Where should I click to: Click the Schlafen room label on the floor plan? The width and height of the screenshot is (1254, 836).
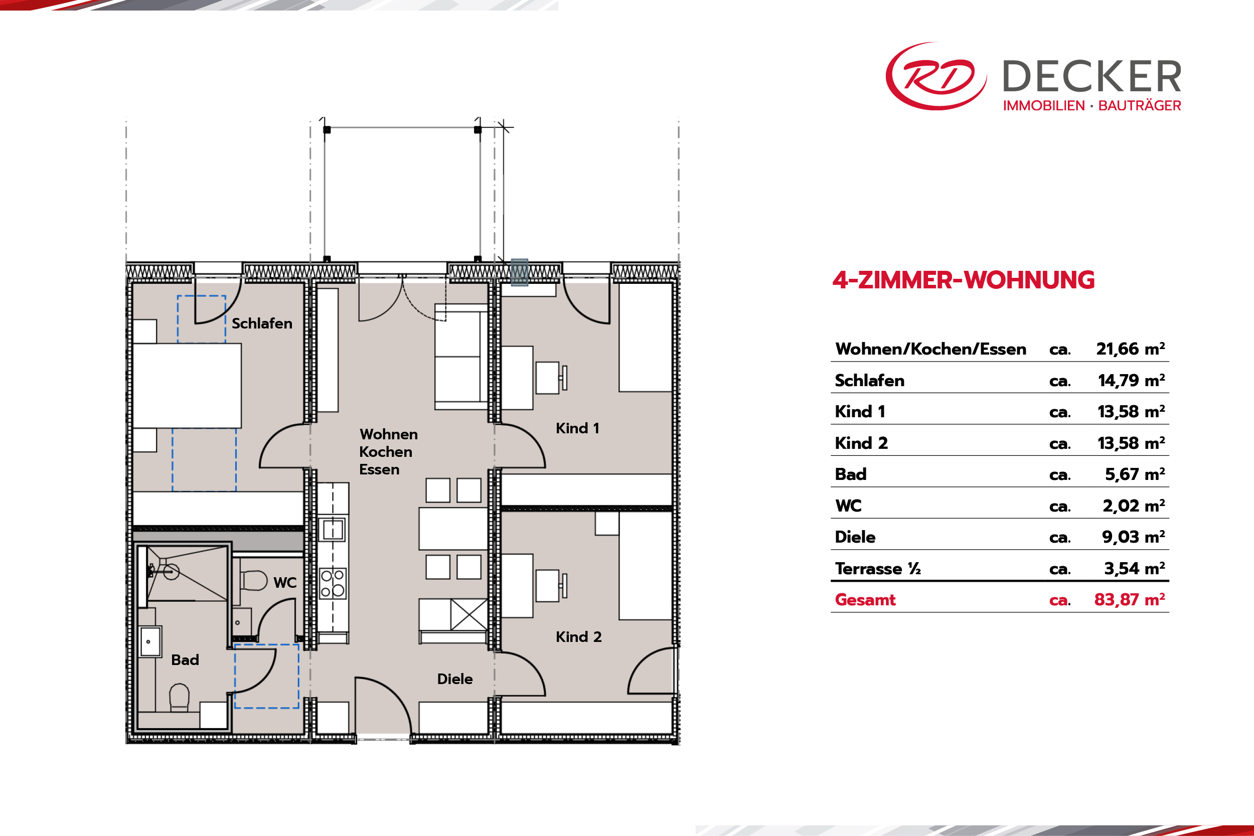pos(262,323)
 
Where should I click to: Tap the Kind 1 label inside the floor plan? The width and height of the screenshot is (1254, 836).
pos(577,428)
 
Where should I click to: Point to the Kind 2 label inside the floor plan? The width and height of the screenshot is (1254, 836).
pos(578,636)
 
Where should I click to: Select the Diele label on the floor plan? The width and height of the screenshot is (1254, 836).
pos(455,679)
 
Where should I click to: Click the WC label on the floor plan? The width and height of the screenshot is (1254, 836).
pos(285,583)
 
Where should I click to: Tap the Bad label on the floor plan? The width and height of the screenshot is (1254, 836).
pos(185,660)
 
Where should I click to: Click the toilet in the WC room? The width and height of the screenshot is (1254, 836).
pos(253,581)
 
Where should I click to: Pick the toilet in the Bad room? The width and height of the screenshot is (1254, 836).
pos(179,698)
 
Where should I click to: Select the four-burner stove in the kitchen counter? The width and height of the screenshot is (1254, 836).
pos(333,584)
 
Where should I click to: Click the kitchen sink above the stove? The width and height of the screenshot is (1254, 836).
pos(333,530)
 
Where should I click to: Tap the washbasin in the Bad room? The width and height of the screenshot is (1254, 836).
pos(150,641)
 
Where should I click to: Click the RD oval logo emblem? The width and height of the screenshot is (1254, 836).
pos(935,76)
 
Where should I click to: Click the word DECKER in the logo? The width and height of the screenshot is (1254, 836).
pos(1092,77)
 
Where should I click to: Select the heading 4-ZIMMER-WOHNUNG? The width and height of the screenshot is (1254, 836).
pos(964,280)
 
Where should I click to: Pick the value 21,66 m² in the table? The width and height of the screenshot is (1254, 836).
pos(1130,349)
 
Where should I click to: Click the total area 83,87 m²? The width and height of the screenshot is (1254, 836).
pos(1129,600)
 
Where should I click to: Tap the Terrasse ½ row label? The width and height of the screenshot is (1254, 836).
pos(878,569)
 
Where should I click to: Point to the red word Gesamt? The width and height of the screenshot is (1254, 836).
pos(865,600)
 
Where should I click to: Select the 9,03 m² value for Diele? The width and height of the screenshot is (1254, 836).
pos(1134,537)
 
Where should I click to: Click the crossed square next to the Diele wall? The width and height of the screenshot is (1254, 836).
pos(468,615)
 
